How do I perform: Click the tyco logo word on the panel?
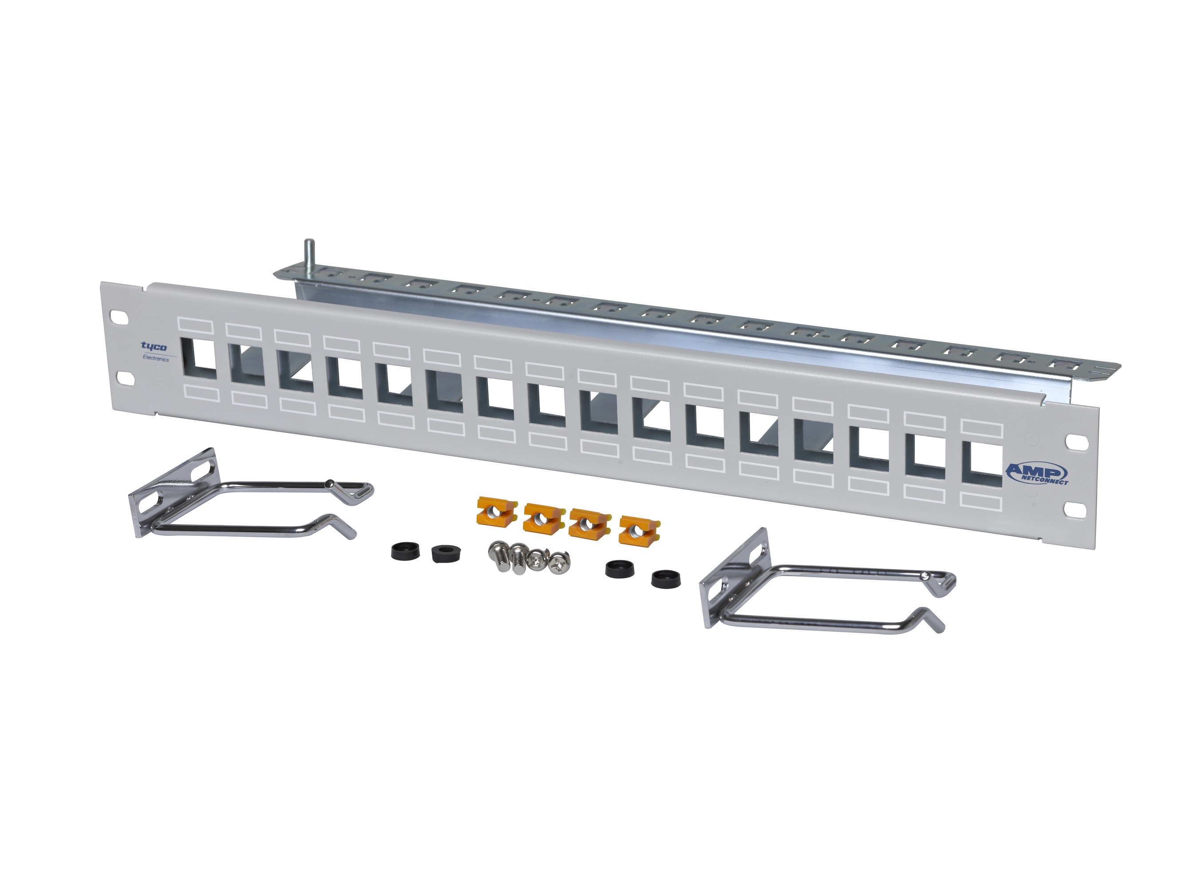point(154,346)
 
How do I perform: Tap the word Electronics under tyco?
point(155,358)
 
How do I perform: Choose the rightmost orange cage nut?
point(640,530)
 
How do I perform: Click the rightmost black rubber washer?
point(666,579)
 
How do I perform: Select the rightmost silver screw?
point(560,560)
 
